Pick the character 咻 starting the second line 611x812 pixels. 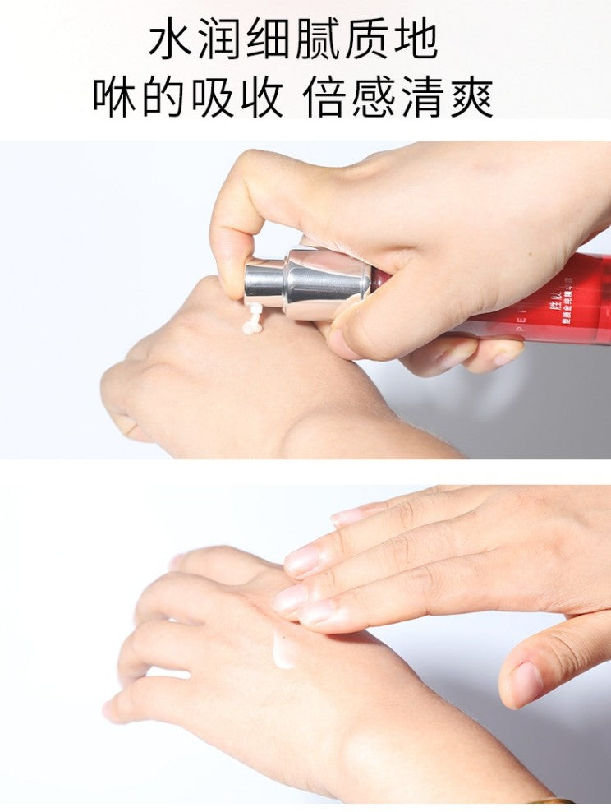click(114, 98)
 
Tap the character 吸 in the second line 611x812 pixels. click(211, 98)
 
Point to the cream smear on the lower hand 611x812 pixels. click(286, 649)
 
